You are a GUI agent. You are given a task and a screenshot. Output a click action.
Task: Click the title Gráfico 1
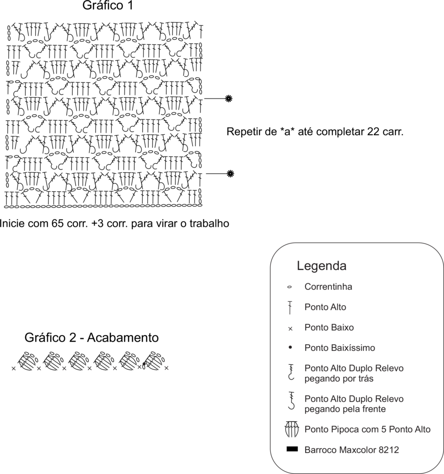(108, 6)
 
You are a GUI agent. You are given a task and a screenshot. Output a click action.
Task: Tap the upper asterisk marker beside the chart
(229, 98)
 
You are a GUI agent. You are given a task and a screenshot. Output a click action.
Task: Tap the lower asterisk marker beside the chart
(230, 174)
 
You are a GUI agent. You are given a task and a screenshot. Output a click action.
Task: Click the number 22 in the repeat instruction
(373, 132)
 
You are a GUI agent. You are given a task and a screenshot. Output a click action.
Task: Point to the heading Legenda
(321, 266)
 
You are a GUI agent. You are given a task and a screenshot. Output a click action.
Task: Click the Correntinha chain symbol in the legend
(289, 287)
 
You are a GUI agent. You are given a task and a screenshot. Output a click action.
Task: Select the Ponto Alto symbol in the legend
(290, 307)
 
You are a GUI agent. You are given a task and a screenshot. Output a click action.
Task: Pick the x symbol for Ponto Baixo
(290, 329)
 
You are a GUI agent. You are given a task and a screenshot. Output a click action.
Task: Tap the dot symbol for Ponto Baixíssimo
(290, 348)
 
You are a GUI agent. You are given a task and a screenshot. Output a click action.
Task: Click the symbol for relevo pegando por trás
(291, 372)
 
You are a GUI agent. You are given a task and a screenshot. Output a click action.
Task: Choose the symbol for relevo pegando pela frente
(291, 401)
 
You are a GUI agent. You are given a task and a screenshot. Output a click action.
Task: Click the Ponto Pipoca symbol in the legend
(292, 429)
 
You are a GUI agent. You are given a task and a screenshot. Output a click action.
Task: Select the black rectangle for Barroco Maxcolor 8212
(292, 449)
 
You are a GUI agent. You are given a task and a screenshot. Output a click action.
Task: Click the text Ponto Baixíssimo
(340, 348)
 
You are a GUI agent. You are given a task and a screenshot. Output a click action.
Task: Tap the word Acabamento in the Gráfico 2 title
(123, 337)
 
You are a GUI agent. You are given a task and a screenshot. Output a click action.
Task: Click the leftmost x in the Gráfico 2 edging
(13, 368)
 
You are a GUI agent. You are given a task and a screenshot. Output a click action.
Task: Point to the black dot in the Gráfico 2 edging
(144, 364)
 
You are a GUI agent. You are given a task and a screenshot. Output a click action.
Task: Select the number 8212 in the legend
(388, 450)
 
